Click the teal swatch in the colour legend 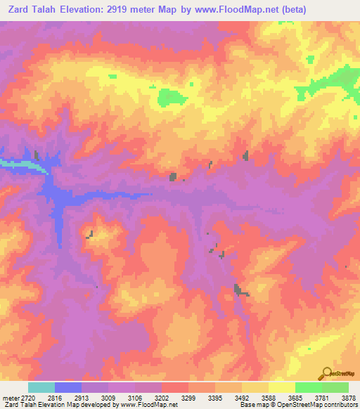pos(41,387)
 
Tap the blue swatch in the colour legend pos(68,387)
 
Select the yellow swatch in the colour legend pos(281,387)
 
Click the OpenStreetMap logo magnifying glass pos(326,373)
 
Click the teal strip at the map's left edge pos(14,164)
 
